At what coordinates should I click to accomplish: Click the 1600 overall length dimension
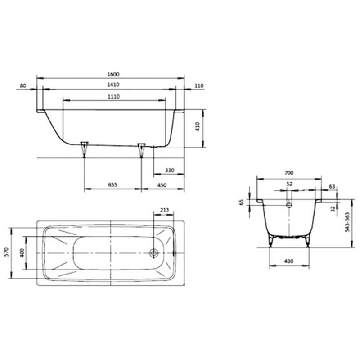point(113,74)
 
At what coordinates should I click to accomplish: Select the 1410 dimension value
point(113,85)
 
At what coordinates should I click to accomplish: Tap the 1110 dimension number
point(114,97)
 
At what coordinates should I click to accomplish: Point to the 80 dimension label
point(23,86)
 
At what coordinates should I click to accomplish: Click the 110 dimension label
point(199,86)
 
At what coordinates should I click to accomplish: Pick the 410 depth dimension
point(198,126)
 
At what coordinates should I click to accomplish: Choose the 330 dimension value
point(170,171)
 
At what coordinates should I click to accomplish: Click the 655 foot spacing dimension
point(112,185)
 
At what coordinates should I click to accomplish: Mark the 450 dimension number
point(162,185)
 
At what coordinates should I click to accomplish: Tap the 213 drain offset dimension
point(164,210)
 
